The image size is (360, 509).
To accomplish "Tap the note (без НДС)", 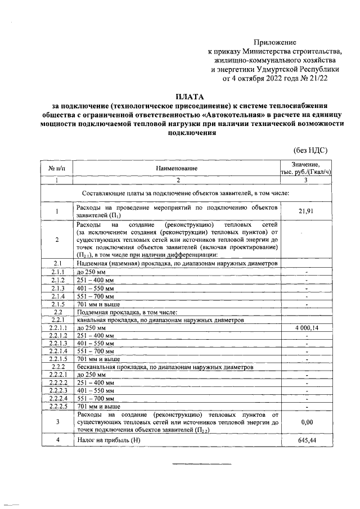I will click(310, 150).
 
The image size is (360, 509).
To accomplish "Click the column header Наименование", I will click(177, 168).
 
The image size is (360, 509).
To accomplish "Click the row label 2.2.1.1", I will click(57, 328).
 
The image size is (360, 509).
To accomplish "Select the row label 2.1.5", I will click(57, 304).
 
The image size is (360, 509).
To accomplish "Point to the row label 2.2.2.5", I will click(57, 406).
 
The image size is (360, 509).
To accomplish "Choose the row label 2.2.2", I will click(57, 366).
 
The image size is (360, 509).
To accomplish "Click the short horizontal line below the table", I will click(201, 463).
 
